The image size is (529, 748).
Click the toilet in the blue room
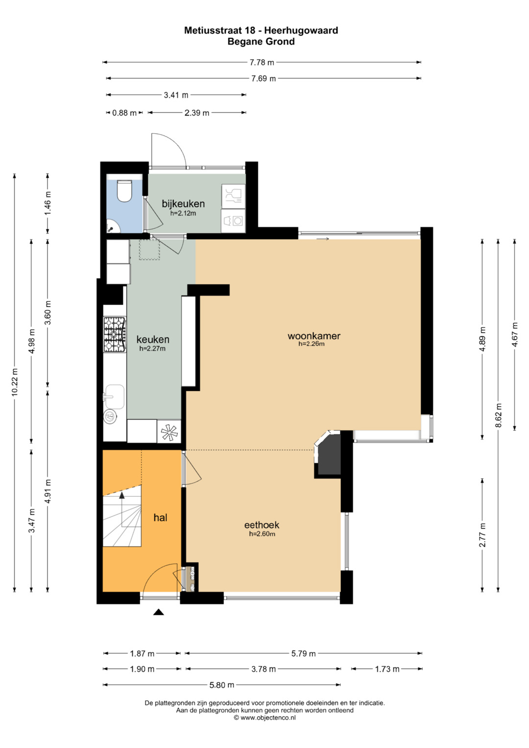[125, 191]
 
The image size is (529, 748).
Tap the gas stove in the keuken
[115, 334]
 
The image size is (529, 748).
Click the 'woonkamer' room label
[314, 336]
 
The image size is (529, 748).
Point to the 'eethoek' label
[262, 525]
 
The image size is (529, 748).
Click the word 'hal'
[160, 518]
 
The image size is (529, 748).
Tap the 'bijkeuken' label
[183, 204]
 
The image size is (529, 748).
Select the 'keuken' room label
[153, 339]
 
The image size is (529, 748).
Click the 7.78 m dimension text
[262, 62]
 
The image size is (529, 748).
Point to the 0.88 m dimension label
[124, 113]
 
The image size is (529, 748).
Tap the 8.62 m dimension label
[499, 415]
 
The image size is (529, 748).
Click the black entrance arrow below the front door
[159, 612]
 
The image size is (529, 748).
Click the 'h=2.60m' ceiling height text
[262, 534]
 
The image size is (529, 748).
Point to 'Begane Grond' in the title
[261, 42]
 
